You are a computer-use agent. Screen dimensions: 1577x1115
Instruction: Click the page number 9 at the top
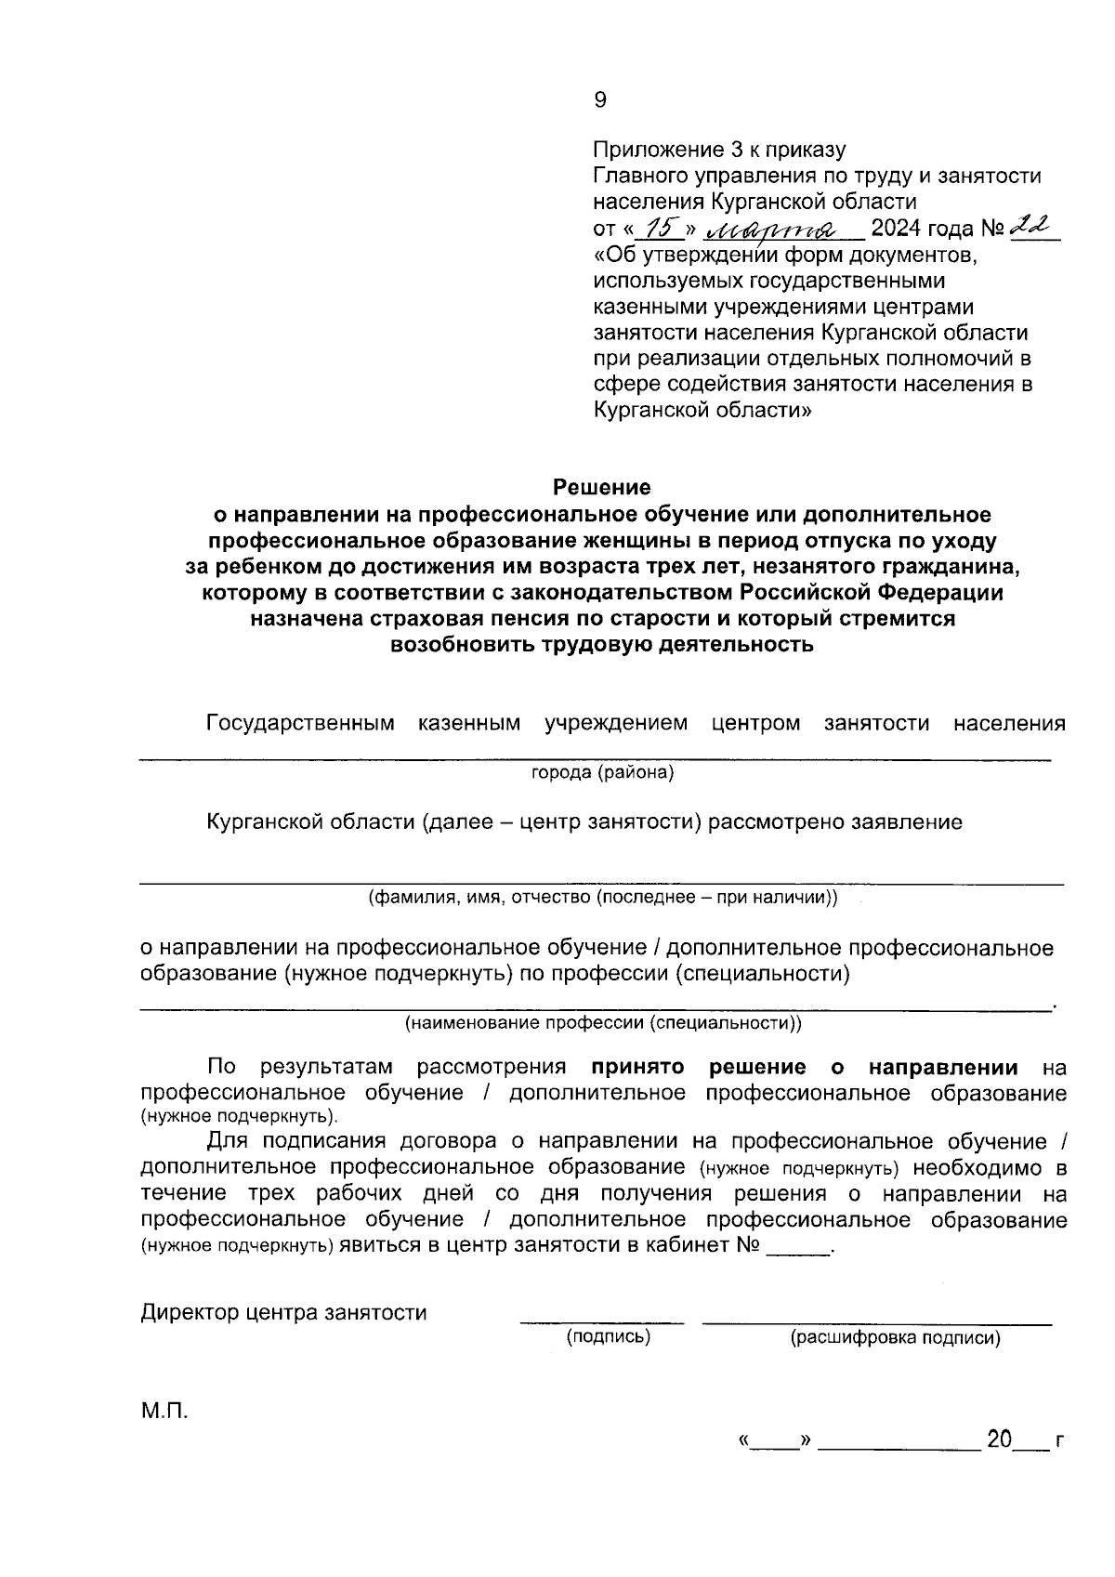tap(600, 99)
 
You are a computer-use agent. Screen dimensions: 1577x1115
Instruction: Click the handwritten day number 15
tap(661, 228)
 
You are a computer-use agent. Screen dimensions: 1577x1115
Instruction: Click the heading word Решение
tap(601, 487)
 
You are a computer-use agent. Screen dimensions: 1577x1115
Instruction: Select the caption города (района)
tap(602, 772)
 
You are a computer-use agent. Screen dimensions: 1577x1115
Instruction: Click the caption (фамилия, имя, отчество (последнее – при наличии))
tap(602, 898)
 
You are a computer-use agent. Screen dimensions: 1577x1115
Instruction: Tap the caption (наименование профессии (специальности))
tap(602, 1023)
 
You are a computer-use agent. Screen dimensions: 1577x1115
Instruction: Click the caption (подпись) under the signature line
tap(609, 1337)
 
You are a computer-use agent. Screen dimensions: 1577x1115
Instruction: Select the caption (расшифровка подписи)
tap(895, 1338)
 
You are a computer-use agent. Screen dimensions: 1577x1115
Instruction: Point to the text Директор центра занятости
tap(283, 1313)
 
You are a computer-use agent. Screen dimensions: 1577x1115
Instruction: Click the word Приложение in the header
tap(655, 150)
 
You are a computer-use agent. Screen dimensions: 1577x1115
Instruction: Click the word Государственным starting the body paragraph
tap(300, 723)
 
